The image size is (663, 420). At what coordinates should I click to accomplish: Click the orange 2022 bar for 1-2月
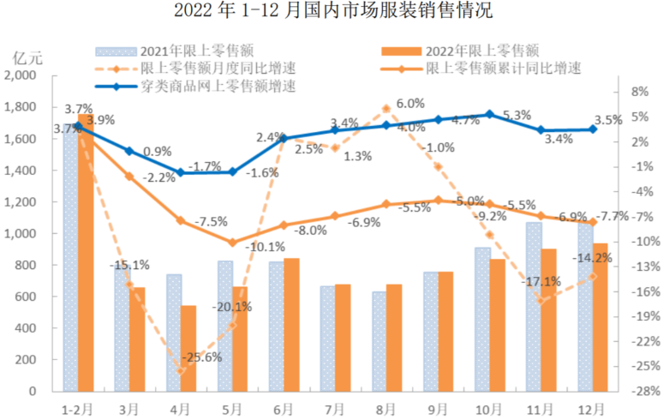[85, 257]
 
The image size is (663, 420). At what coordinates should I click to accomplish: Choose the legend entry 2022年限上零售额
[455, 50]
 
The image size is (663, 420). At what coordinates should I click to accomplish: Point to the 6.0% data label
[410, 103]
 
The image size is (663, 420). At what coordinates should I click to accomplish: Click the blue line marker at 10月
[489, 114]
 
